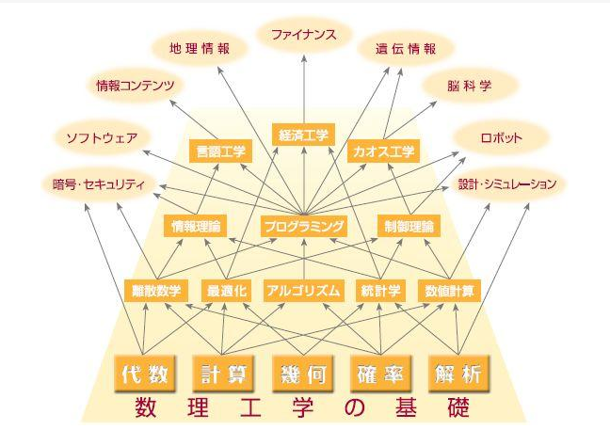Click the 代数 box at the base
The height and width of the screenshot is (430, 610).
coord(145,373)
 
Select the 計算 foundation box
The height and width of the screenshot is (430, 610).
coord(223,373)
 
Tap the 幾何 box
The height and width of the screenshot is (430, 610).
coord(302,373)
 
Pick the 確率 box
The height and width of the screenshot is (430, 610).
coord(380,373)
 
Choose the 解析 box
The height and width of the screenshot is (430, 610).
coord(458,373)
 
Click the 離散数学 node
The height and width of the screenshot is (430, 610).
coord(156,290)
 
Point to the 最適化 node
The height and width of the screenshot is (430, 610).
coord(226,290)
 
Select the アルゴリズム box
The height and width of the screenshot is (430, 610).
coord(301,290)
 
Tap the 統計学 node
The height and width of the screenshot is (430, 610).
coord(380,290)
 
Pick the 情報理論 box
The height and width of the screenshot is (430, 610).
coord(196,226)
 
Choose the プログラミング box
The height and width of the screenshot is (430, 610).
coord(303,226)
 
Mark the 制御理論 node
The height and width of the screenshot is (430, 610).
coord(409,226)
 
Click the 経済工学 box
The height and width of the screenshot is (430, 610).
coord(303,135)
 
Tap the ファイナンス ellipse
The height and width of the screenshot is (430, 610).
coord(304,36)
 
